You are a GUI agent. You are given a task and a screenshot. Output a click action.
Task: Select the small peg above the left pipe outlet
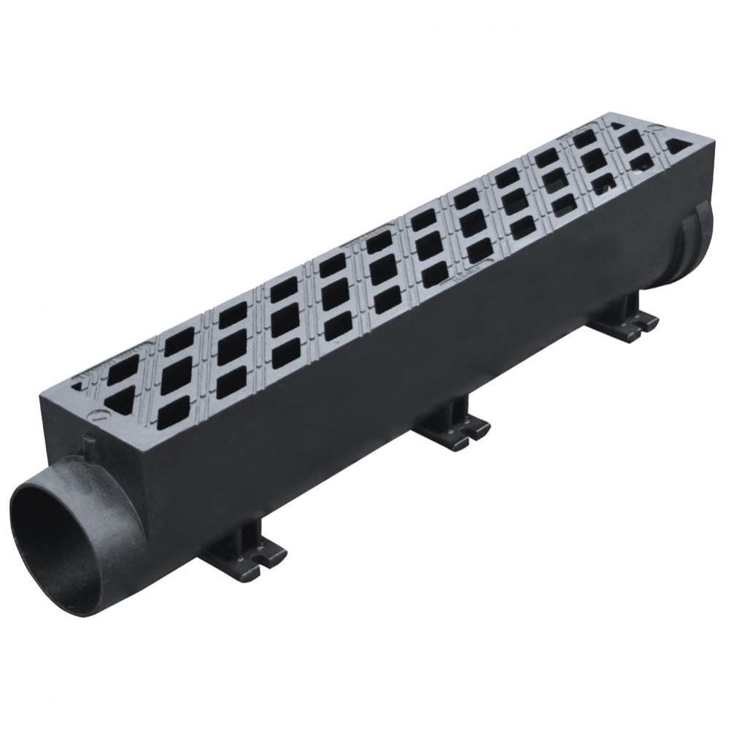tap(88, 442)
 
